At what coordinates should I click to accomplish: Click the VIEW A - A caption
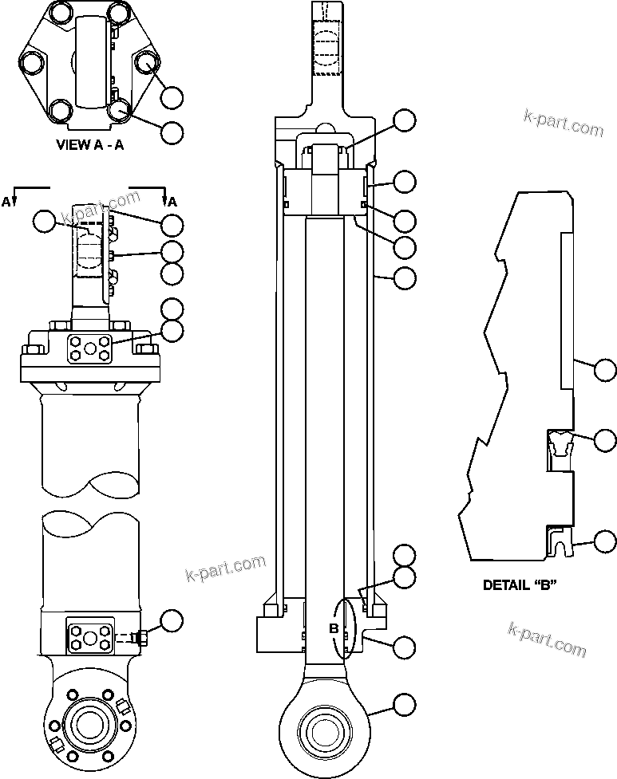pyautogui.click(x=89, y=145)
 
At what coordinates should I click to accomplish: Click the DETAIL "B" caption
pyautogui.click(x=520, y=584)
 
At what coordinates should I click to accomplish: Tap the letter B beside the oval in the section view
pyautogui.click(x=335, y=628)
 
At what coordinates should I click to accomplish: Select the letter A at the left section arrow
pyautogui.click(x=6, y=202)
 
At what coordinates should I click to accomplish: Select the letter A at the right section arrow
pyautogui.click(x=172, y=202)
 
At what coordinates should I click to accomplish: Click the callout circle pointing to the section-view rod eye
pyautogui.click(x=405, y=704)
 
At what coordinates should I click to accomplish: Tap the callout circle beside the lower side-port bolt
pyautogui.click(x=172, y=621)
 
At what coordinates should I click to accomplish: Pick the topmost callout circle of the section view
pyautogui.click(x=405, y=121)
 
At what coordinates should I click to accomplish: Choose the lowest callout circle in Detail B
pyautogui.click(x=604, y=542)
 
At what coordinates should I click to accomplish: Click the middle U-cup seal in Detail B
pyautogui.click(x=560, y=442)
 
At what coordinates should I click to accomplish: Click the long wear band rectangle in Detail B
pyautogui.click(x=568, y=311)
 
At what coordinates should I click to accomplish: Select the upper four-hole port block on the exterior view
pyautogui.click(x=88, y=348)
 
